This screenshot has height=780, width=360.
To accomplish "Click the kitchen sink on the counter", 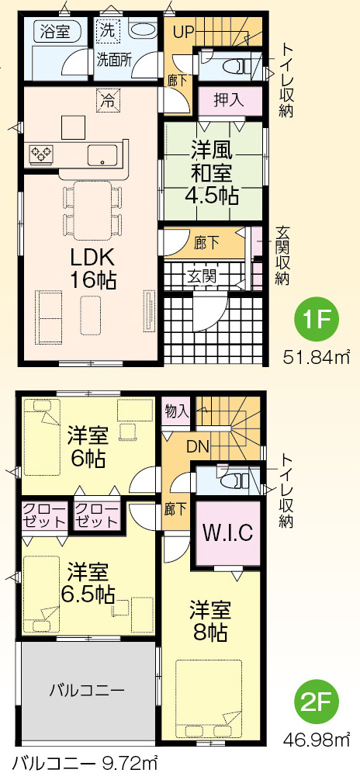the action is tap(103, 154).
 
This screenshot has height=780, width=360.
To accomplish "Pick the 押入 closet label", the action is tap(229, 100).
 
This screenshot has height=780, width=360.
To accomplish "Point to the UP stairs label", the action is tap(183, 33).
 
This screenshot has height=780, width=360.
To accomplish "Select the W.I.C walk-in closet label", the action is tap(229, 532).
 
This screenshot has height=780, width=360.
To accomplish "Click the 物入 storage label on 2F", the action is tap(177, 411).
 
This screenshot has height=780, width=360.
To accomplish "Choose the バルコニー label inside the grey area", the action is tap(87, 690).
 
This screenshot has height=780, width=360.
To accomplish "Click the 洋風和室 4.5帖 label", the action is tap(211, 172).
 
